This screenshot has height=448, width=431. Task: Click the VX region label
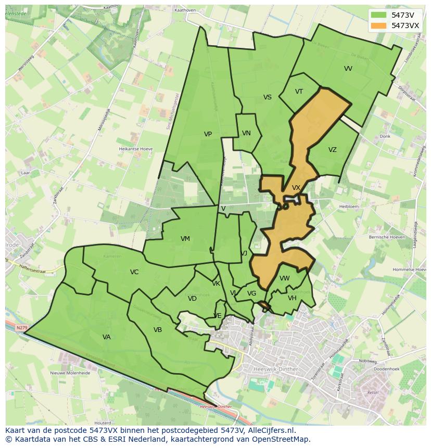tap(296, 188)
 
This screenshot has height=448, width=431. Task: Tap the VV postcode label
tap(348, 69)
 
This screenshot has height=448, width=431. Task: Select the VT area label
tap(299, 92)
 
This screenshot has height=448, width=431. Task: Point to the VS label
tap(267, 97)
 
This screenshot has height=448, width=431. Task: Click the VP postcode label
tap(208, 134)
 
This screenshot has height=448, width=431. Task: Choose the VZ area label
tap(333, 150)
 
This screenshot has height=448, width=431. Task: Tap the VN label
tap(246, 133)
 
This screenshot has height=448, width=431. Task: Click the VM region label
tap(185, 239)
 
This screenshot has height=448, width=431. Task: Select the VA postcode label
tap(107, 337)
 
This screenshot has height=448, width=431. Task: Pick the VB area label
tap(158, 330)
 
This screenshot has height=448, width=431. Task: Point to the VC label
tap(134, 272)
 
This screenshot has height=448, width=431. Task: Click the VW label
tap(284, 278)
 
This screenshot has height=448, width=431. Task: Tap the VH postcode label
tap(292, 298)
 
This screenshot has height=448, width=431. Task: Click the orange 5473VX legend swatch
tap(379, 25)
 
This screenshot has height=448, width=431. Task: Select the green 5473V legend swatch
tap(379, 15)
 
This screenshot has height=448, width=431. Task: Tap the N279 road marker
tap(21, 328)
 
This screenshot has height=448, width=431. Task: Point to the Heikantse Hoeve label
tap(136, 149)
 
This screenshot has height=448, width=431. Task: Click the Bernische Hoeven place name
tap(387, 237)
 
